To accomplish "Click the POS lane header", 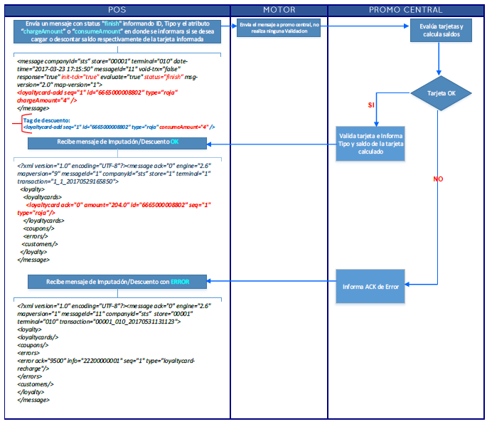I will pyautogui.click(x=117, y=10).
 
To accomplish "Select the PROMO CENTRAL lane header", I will pyautogui.click(x=405, y=10).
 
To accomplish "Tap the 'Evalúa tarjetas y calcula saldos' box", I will pyautogui.click(x=441, y=31).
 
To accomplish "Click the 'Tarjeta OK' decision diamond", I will pyautogui.click(x=440, y=92).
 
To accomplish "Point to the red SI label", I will pyautogui.click(x=371, y=105).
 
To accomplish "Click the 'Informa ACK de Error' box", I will pyautogui.click(x=370, y=287).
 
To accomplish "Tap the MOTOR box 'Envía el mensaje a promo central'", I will pyautogui.click(x=279, y=28).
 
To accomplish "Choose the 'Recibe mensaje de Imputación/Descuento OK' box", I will pyautogui.click(x=118, y=142).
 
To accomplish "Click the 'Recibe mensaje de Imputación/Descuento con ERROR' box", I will pyautogui.click(x=118, y=282).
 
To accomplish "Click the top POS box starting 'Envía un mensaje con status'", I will pyautogui.click(x=118, y=32).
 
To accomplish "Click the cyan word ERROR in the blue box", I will pyautogui.click(x=179, y=282).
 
